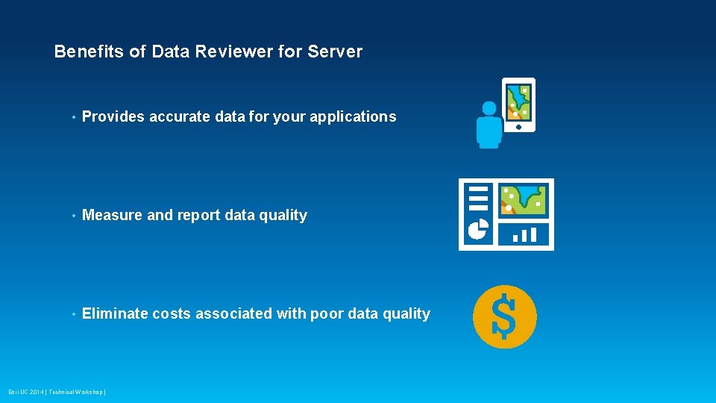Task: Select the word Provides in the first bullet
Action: click(x=113, y=116)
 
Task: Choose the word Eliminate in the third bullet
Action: click(x=115, y=313)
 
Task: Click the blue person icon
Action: click(x=489, y=125)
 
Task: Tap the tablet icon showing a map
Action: click(x=518, y=104)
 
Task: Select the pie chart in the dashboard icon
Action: click(x=477, y=229)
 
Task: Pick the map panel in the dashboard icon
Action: click(x=523, y=199)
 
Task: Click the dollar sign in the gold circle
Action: click(x=504, y=317)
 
